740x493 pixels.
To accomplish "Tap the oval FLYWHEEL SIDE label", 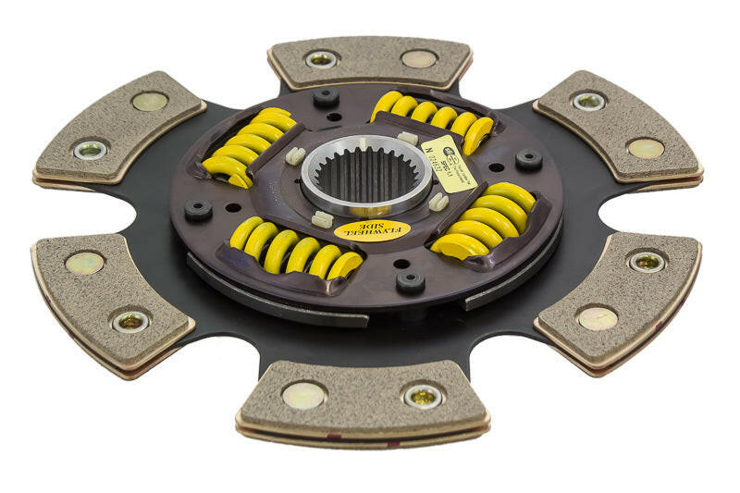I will [371, 230].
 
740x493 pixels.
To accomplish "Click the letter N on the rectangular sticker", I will [427, 148].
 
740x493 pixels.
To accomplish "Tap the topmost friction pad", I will [370, 61].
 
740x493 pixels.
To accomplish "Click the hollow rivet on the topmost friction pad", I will [321, 59].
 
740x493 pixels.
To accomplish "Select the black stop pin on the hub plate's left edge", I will [198, 209].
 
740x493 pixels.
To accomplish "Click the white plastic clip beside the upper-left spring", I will [296, 155].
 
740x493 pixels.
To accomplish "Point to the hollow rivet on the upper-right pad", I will [589, 101].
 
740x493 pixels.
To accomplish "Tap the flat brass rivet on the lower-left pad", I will [84, 264].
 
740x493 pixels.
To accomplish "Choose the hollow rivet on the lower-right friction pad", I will [647, 262].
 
